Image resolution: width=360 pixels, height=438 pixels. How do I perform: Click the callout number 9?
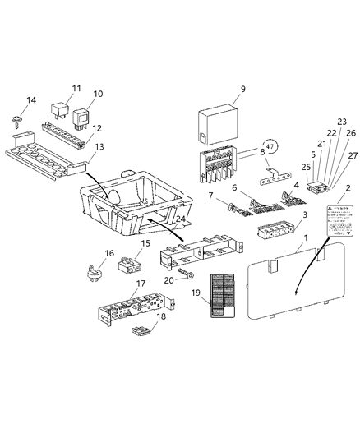tap(242, 89)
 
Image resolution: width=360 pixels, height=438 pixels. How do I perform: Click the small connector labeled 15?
tap(127, 265)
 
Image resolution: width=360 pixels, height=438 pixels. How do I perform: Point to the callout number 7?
tap(211, 197)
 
